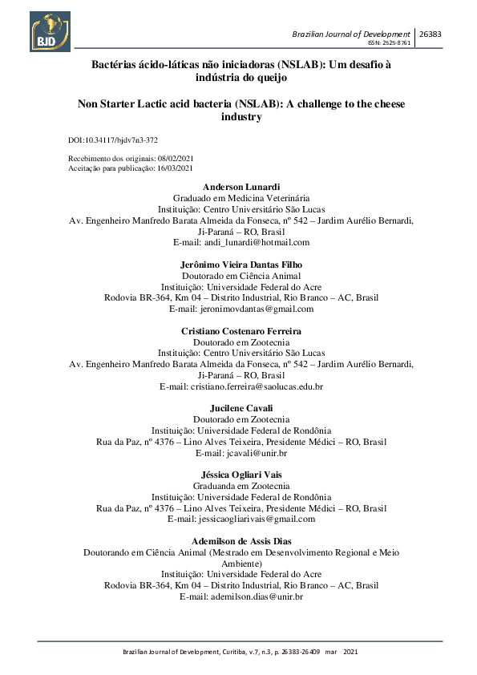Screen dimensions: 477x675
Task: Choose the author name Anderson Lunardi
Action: pyautogui.click(x=241, y=187)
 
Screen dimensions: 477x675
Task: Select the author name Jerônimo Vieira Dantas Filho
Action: pyautogui.click(x=241, y=265)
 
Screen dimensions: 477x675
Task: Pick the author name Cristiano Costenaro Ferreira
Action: pyautogui.click(x=241, y=330)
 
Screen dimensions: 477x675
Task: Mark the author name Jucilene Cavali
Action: pyautogui.click(x=241, y=408)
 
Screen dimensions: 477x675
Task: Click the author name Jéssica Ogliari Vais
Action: pyautogui.click(x=241, y=475)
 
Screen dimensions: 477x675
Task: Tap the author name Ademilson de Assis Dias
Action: pyautogui.click(x=241, y=541)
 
